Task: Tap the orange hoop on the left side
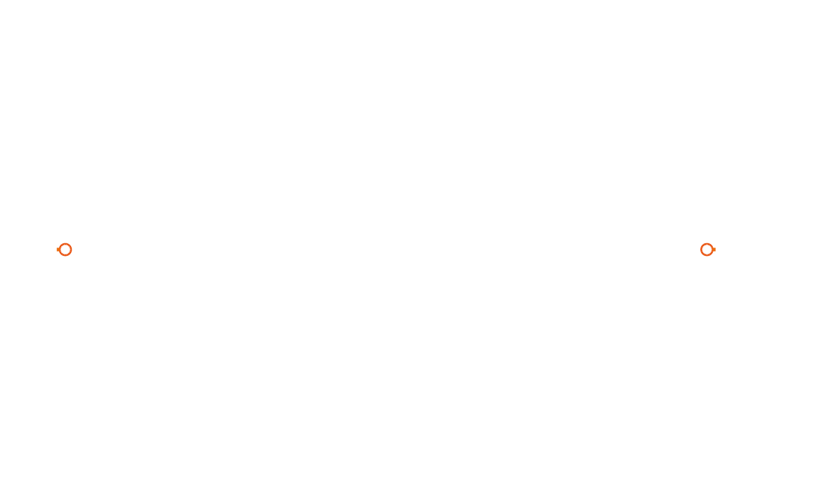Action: pos(65,250)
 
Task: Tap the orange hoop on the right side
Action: pos(707,250)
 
